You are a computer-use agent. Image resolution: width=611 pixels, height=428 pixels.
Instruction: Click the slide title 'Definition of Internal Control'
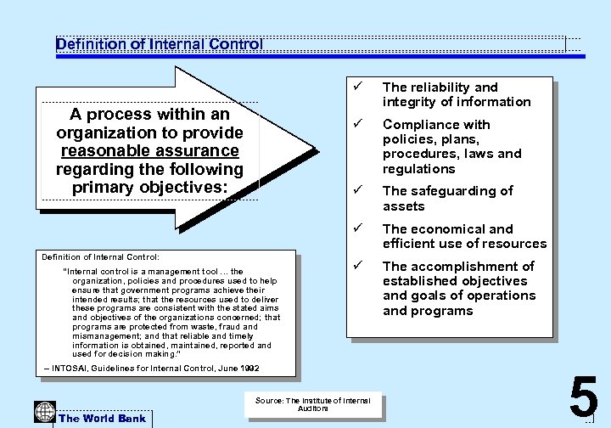(x=160, y=43)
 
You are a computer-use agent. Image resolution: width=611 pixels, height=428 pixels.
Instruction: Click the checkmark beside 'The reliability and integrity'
(x=359, y=87)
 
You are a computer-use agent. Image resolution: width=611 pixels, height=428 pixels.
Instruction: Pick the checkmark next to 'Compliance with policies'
(x=359, y=124)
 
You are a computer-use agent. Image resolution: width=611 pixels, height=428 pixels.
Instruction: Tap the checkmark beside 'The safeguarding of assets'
(x=359, y=190)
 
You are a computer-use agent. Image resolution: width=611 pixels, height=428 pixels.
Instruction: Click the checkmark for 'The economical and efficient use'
(x=359, y=228)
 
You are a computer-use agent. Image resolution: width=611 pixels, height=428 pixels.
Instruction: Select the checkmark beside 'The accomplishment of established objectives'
(x=359, y=266)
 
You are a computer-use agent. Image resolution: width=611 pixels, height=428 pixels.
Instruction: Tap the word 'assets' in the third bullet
(x=404, y=206)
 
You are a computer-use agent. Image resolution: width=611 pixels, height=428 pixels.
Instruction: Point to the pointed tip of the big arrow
(x=316, y=153)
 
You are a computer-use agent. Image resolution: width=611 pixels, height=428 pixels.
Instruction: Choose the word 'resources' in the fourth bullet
(x=512, y=244)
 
